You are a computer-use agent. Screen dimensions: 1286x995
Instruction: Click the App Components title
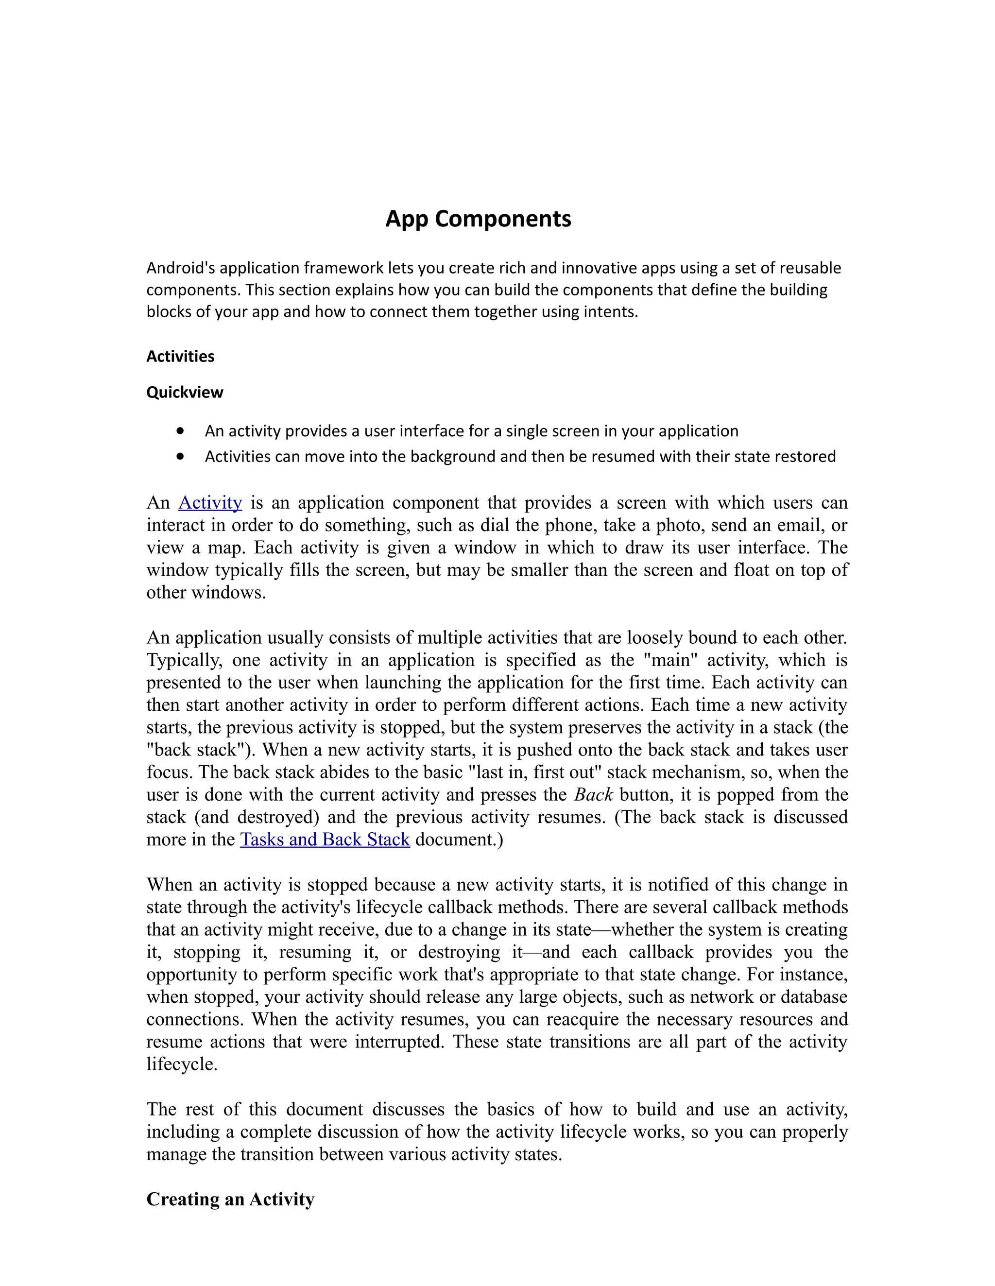point(478,219)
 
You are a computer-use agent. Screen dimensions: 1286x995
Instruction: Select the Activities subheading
point(180,357)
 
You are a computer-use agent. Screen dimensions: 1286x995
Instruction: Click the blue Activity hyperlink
point(210,503)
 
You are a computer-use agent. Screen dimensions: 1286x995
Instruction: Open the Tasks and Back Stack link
point(325,840)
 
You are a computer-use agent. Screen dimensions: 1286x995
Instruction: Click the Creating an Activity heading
point(230,1200)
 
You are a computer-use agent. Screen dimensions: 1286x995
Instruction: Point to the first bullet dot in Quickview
point(180,431)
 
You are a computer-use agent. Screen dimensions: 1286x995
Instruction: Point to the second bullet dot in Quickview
point(180,456)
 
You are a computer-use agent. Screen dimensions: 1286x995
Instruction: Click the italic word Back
point(594,795)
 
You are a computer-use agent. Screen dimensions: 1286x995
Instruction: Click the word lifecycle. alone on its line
point(182,1064)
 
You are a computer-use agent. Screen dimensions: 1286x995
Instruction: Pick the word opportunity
point(194,975)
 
